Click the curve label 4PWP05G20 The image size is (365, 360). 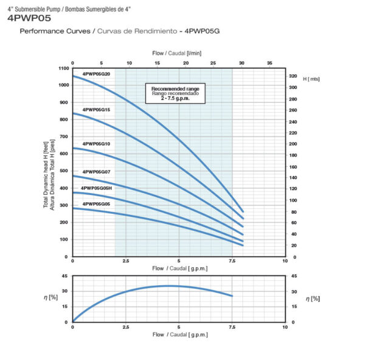(x=96, y=74)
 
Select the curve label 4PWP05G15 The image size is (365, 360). (x=96, y=109)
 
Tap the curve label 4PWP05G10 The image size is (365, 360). (x=96, y=144)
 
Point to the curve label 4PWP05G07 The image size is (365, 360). (x=96, y=172)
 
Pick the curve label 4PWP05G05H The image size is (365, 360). (x=97, y=188)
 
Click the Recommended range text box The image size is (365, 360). (x=175, y=93)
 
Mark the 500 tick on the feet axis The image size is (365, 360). (x=65, y=171)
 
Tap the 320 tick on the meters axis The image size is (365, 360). (x=293, y=76)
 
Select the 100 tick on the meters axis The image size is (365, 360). (x=293, y=200)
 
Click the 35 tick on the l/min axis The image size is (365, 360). (x=270, y=63)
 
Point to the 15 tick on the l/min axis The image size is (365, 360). (x=157, y=63)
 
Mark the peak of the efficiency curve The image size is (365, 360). (x=169, y=286)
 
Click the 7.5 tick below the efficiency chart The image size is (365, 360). (x=232, y=327)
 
